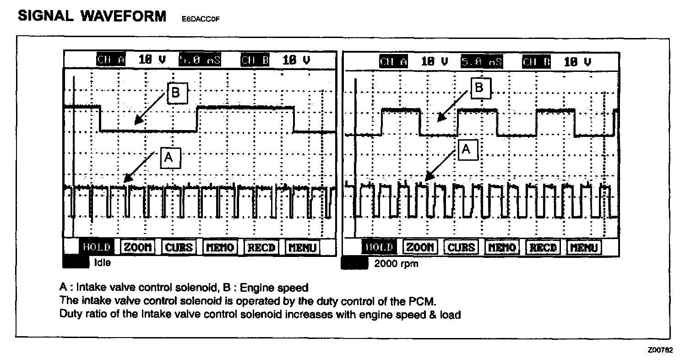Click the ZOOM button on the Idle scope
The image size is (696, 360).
(138, 247)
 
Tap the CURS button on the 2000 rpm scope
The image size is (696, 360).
(461, 247)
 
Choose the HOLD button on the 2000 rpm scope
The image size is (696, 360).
(379, 247)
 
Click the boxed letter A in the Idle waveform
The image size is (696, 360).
(169, 158)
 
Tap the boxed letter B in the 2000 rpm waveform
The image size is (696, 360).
(479, 87)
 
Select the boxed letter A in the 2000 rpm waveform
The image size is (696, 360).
(466, 149)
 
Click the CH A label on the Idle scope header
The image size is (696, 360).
(111, 60)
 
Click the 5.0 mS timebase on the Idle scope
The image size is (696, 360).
(199, 60)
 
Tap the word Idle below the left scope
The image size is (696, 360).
(102, 263)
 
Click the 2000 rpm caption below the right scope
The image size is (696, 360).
(396, 264)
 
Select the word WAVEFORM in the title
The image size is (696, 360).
(124, 16)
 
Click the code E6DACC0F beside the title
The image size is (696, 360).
(198, 20)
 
